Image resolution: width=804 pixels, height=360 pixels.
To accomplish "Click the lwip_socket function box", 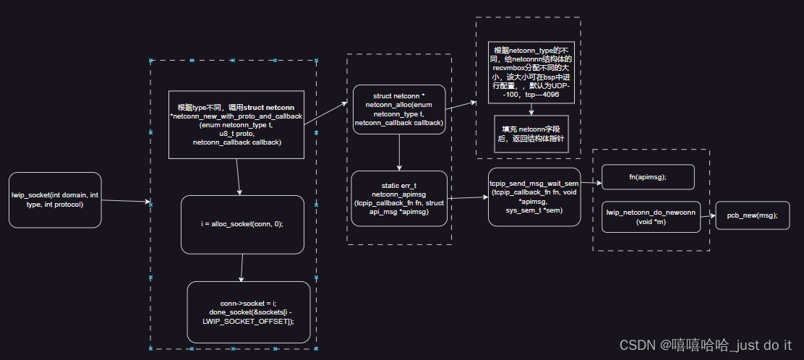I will (x=55, y=200).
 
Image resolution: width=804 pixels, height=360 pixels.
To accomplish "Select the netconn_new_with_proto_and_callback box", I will (x=236, y=124).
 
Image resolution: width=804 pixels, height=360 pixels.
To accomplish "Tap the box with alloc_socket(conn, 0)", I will (x=241, y=224).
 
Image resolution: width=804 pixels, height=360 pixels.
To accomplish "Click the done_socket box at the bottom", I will (x=248, y=312).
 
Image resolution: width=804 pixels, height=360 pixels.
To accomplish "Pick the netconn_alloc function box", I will (x=399, y=109).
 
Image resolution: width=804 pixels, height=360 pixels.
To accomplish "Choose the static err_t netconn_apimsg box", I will (x=399, y=199).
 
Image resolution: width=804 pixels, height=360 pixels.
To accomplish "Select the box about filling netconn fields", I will (x=531, y=134).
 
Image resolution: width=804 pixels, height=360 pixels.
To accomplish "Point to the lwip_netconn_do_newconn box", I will (x=651, y=217).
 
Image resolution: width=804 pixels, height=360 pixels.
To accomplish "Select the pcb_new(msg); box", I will (x=752, y=215).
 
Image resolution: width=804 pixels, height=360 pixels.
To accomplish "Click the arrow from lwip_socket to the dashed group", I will (x=125, y=202).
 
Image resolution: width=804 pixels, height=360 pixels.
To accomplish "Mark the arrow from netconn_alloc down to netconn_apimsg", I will (x=399, y=153).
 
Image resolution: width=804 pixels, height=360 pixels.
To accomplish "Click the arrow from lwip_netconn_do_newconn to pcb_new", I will (x=708, y=215).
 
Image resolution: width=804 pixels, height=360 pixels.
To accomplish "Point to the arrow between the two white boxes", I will (x=531, y=109).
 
